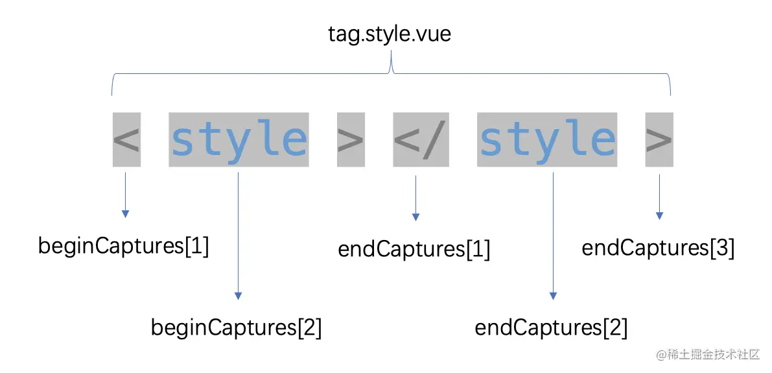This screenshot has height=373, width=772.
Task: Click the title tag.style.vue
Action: point(390,34)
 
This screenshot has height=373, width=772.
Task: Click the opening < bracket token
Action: point(126,140)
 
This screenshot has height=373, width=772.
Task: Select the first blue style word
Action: point(239,140)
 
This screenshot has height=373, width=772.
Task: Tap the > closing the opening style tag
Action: point(351,140)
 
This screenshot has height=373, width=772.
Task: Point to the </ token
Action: point(421,140)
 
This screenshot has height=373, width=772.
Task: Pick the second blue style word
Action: point(547,140)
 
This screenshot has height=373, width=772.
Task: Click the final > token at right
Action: point(659,140)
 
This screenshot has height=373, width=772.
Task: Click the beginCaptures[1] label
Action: point(124,247)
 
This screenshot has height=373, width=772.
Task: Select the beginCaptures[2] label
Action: point(236,328)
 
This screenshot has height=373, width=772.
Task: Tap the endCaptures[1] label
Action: point(414,250)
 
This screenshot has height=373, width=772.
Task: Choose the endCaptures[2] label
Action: point(551,328)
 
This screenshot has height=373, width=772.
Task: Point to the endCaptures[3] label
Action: point(658,248)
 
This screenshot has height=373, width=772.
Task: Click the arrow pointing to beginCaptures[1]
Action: point(126,195)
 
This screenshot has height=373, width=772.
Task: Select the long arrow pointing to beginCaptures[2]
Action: point(239,234)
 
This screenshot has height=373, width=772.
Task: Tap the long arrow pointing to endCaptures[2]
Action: point(553,234)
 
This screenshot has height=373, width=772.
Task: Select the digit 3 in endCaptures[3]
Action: point(723,248)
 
